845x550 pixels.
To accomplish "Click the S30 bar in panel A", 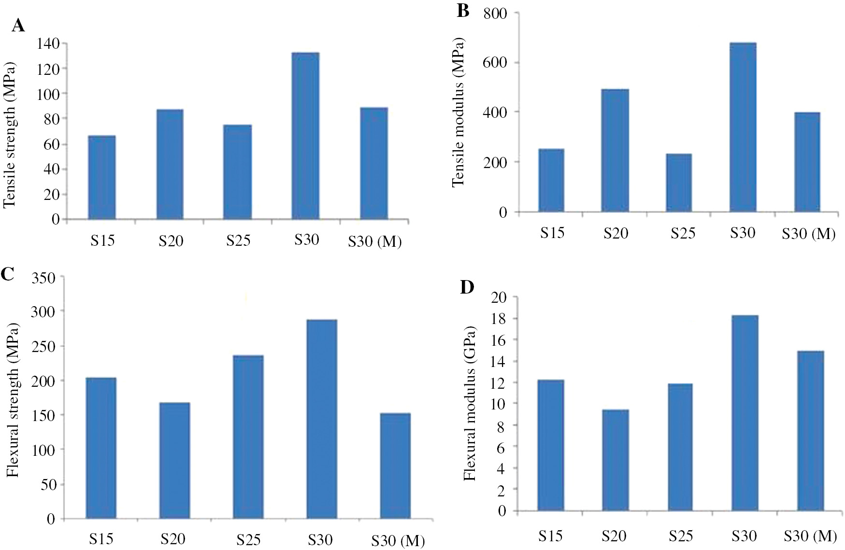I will [305, 136].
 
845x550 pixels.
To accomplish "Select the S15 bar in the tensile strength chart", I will [101, 178].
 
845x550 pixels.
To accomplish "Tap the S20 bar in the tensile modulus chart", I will [615, 151].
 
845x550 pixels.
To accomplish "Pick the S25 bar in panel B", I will [679, 183].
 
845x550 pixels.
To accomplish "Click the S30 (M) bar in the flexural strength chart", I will [395, 466].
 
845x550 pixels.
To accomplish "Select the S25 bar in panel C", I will [248, 437].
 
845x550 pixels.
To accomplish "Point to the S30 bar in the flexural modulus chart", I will [745, 413].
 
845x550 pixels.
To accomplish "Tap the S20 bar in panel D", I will [615, 460].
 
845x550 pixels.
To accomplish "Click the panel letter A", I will [18, 25].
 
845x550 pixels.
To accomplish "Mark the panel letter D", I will [467, 287].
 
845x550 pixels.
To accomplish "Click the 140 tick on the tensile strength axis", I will [48, 44].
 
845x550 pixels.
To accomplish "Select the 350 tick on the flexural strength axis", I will [43, 278].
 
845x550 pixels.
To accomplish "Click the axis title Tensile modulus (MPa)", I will [458, 112].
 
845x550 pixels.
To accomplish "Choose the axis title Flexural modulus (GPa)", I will [470, 403].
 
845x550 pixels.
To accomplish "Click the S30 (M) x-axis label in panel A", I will [374, 241].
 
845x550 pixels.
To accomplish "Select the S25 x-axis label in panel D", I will [681, 536].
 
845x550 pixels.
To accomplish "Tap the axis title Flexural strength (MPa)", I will [13, 400].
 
